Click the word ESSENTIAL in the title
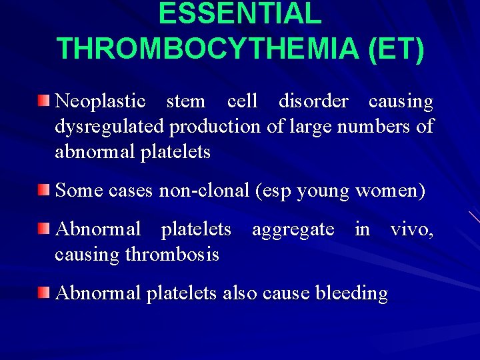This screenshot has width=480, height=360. click(240, 15)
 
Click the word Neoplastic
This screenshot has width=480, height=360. click(100, 101)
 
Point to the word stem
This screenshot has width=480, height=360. click(185, 101)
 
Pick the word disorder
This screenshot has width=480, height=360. click(313, 101)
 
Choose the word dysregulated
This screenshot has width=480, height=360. click(110, 126)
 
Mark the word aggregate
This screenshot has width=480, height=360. click(293, 229)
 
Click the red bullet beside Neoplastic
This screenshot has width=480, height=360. click(43, 101)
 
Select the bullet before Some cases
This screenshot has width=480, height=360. click(43, 190)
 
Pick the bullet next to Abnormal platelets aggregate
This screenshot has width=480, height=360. click(43, 229)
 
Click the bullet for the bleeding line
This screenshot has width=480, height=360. click(43, 292)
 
